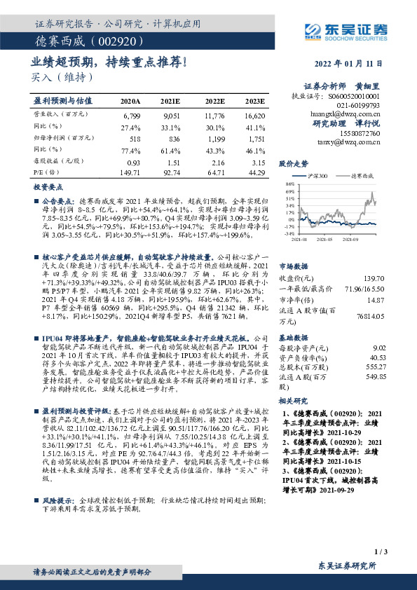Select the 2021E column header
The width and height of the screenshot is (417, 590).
pyautogui.click(x=171, y=101)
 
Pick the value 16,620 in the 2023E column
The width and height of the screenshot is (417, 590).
pyautogui.click(x=254, y=114)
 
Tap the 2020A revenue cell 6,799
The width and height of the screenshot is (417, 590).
pyautogui.click(x=131, y=114)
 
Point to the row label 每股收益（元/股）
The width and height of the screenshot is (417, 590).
pyautogui.click(x=52, y=162)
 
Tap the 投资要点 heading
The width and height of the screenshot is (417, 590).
pyautogui.click(x=48, y=188)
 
